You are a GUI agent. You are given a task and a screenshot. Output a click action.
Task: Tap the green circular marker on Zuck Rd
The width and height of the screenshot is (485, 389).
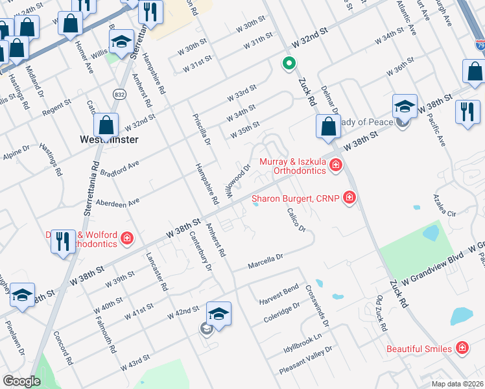point(289,64)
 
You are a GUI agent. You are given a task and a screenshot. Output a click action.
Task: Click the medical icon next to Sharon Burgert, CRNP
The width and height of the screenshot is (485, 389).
point(349,197)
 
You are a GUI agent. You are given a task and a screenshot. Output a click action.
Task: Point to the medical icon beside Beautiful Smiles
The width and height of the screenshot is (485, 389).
point(462,348)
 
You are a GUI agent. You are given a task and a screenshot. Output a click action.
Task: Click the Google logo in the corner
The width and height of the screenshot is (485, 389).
point(21,381)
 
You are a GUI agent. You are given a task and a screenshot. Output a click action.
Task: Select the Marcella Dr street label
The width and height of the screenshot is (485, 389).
point(266,261)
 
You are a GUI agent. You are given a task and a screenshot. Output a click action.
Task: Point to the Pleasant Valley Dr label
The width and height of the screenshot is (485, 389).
point(305,360)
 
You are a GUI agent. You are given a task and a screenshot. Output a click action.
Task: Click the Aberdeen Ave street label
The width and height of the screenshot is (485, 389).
point(117,202)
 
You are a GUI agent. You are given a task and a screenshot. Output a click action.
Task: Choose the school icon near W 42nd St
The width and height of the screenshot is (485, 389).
point(219,314)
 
